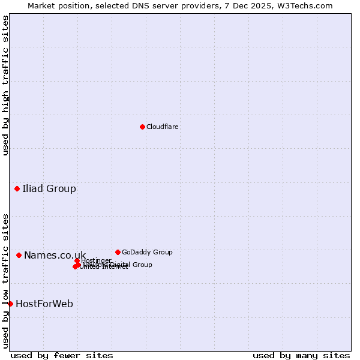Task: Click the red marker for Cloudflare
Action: (x=142, y=127)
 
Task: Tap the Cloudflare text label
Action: (x=163, y=127)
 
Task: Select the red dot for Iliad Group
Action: (x=17, y=189)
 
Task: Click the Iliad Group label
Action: (x=49, y=189)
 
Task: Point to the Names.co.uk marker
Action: (x=19, y=256)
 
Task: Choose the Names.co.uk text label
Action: (x=55, y=256)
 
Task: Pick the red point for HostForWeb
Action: (x=10, y=304)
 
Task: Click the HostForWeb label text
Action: (x=44, y=304)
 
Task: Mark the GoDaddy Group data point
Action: (x=118, y=252)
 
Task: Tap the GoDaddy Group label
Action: (x=147, y=253)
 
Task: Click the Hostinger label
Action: (x=97, y=260)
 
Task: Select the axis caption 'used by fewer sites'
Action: (x=62, y=355)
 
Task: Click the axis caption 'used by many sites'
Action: (x=301, y=355)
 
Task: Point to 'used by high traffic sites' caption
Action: (x=6, y=85)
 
